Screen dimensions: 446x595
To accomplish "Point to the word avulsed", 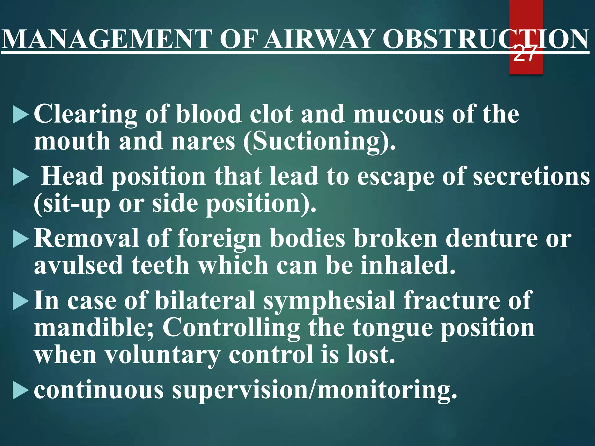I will click(78, 266).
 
